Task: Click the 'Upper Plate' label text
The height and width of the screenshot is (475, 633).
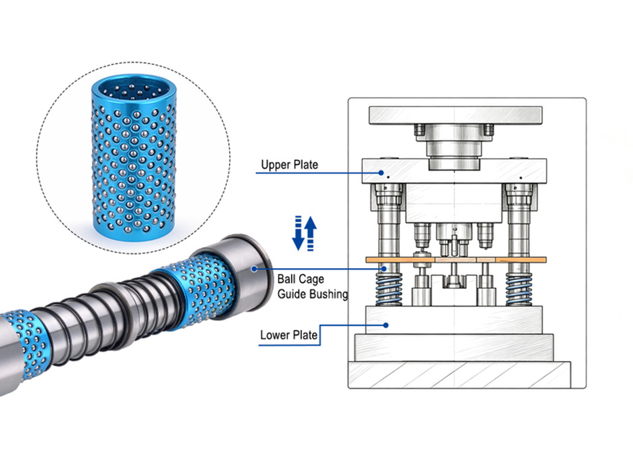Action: tap(289, 165)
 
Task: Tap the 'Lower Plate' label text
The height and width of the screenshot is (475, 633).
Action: tap(289, 335)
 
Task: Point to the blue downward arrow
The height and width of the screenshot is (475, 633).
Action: tap(298, 233)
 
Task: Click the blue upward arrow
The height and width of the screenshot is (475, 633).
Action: tap(311, 233)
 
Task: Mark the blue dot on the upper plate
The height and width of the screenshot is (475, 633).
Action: tap(381, 173)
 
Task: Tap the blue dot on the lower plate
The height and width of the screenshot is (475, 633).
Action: tap(386, 325)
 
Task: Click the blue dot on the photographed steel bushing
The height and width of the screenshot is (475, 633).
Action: tap(254, 269)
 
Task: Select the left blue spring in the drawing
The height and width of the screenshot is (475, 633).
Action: tap(389, 289)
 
